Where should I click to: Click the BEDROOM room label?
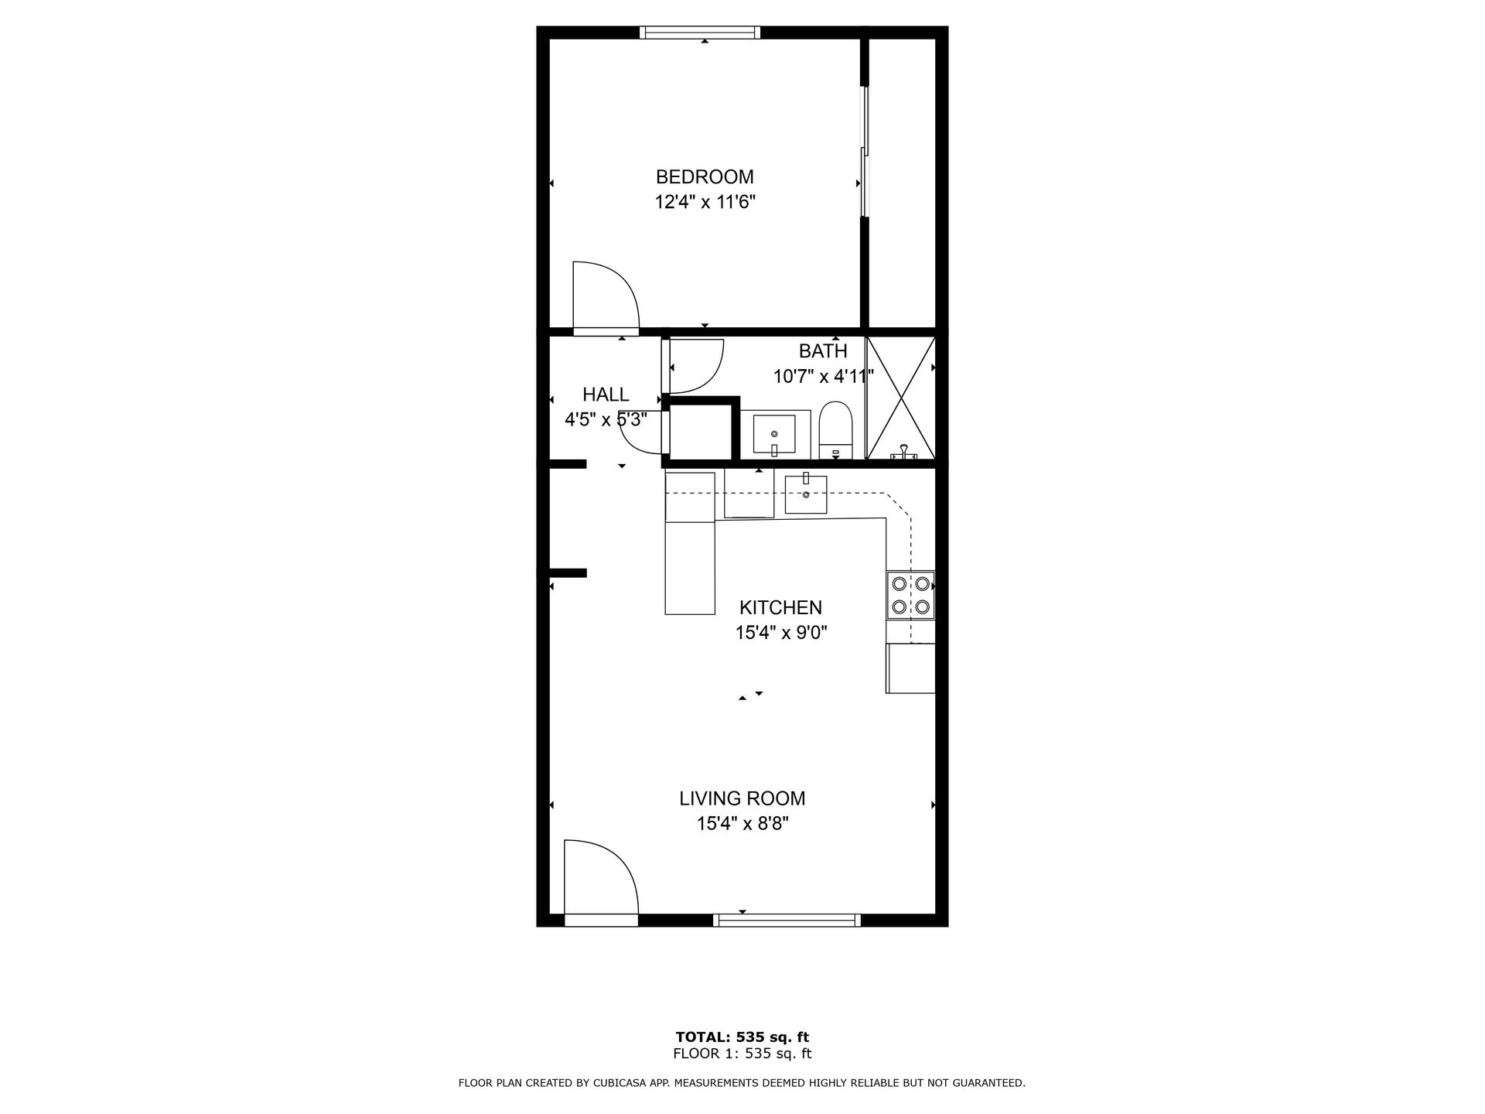pos(705,176)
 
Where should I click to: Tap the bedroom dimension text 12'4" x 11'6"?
pos(705,203)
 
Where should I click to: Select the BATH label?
pos(823,351)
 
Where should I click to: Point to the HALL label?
pos(606,395)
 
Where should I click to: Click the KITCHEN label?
pos(780,607)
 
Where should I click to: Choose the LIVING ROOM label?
pos(742,798)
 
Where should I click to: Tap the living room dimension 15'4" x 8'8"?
pos(742,823)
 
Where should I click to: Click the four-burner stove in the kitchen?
pos(910,594)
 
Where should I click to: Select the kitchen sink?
pos(806,494)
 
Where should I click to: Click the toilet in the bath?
pos(835,429)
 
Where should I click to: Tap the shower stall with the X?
pos(901,398)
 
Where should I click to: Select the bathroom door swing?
pos(694,366)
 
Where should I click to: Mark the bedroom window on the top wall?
pos(700,32)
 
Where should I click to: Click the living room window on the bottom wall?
pos(787,920)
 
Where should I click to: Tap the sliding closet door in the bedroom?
pos(865,151)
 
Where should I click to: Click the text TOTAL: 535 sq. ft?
pos(742,1037)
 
